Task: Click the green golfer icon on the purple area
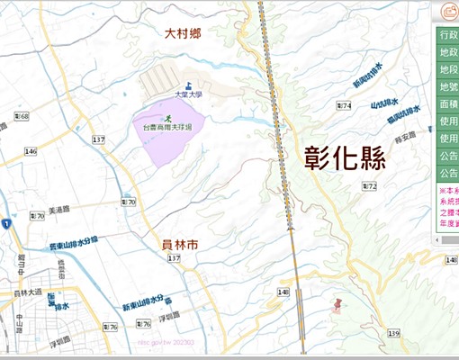click(167, 117)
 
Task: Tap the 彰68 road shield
click(22, 117)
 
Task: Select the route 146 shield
click(31, 151)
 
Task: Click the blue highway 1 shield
click(5, 223)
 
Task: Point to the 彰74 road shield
click(342, 106)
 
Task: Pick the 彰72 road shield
click(369, 186)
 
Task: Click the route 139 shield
click(393, 334)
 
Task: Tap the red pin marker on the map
click(337, 304)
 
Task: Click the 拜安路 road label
click(403, 136)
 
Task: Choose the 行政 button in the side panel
click(448, 34)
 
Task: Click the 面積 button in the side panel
click(448, 104)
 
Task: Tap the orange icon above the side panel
click(449, 12)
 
